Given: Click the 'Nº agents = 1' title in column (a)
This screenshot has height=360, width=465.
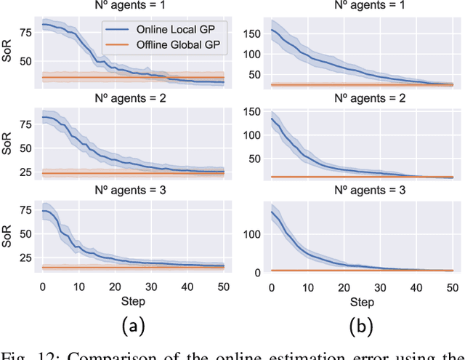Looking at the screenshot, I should (x=133, y=7).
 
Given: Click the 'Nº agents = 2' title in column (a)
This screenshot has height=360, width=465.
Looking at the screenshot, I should (x=133, y=100).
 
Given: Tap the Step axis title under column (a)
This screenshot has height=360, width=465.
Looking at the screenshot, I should (x=133, y=300).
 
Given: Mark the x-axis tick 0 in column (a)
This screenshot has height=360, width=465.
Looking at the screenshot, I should (x=42, y=286).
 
